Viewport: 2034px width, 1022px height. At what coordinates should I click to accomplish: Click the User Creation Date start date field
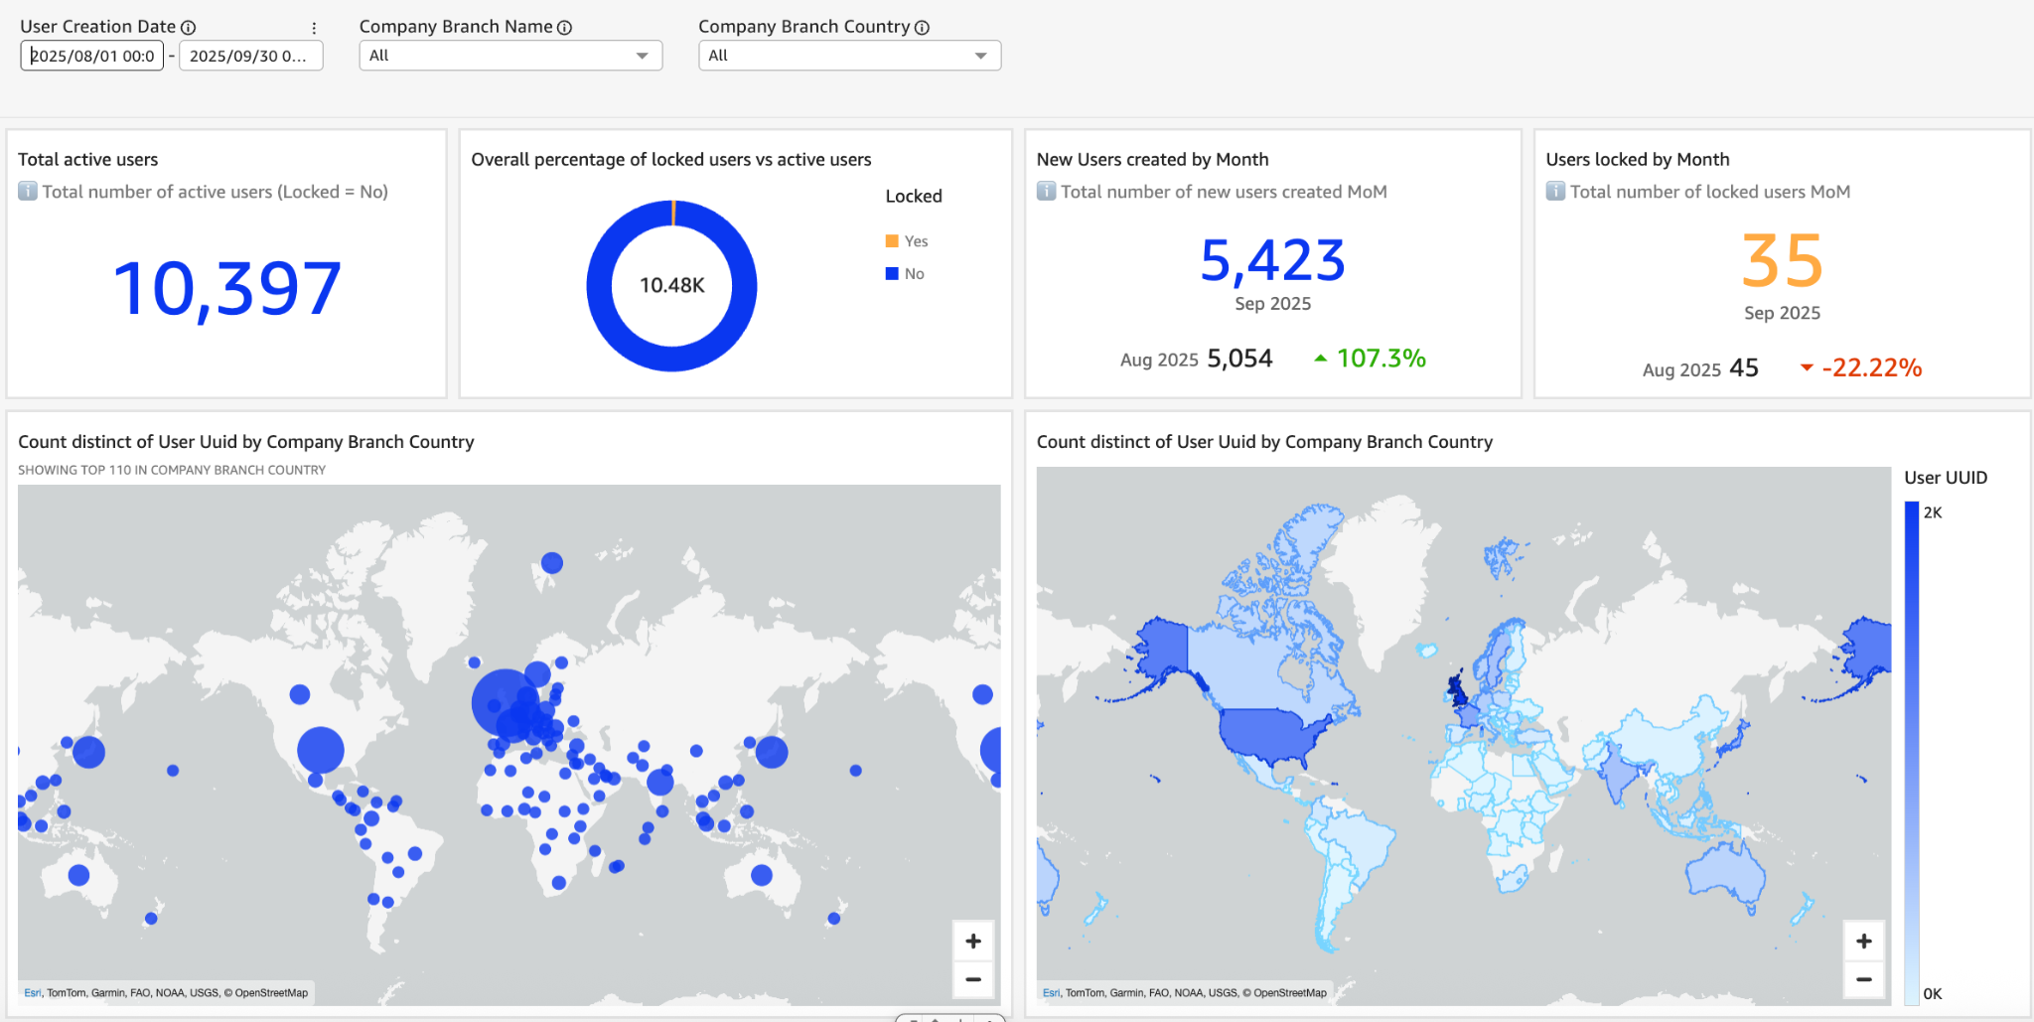91,56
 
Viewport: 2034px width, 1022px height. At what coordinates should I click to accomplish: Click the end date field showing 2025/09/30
250,56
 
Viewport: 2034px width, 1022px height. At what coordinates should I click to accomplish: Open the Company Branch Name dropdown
510,56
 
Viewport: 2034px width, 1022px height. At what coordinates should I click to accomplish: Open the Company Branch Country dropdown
849,56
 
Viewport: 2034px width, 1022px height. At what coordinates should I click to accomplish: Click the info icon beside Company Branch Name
565,28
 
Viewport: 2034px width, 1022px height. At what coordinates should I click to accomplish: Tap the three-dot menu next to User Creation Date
314,28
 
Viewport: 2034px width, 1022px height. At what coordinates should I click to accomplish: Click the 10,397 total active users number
227,289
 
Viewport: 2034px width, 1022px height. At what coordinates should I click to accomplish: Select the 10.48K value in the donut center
672,286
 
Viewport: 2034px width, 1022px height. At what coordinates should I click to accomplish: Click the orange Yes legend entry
907,241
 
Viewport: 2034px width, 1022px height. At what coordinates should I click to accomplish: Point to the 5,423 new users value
1272,260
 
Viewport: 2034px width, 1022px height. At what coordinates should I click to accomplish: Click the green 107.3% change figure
1380,359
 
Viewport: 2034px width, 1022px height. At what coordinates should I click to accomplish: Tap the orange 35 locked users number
1782,261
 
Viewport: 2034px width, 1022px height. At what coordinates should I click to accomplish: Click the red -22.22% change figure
1871,368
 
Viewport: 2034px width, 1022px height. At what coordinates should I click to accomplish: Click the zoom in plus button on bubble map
973,942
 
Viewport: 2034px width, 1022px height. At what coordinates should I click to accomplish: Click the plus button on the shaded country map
1864,942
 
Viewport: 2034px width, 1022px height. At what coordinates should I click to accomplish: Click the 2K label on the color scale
1933,512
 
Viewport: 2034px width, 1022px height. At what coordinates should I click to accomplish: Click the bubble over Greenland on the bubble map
552,563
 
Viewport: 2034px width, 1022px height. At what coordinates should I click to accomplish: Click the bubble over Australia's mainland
762,875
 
